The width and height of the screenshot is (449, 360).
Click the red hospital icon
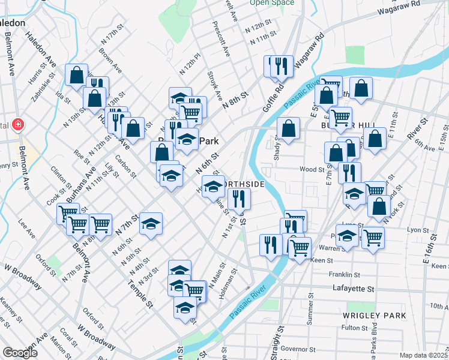pyautogui.click(x=19, y=124)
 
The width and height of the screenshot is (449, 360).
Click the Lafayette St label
pyautogui.click(x=354, y=289)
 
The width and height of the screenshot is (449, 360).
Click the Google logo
pyautogui.click(x=20, y=353)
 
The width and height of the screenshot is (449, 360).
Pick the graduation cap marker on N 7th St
pyautogui.click(x=151, y=223)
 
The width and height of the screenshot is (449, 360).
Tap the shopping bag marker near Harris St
pyautogui.click(x=76, y=75)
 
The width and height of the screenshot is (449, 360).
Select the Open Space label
pyautogui.click(x=272, y=3)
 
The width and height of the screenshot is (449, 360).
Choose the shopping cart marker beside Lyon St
pyautogui.click(x=373, y=238)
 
